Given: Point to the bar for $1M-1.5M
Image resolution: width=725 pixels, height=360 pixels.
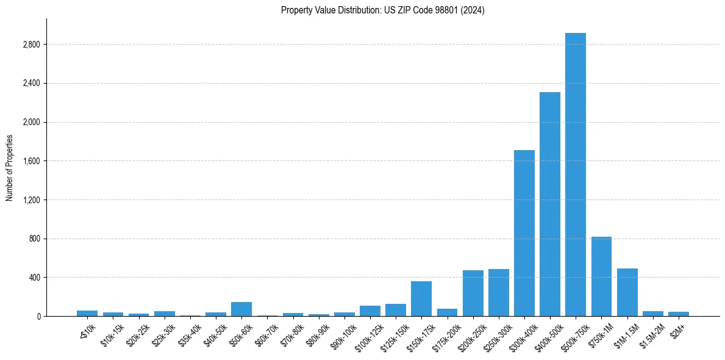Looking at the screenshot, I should tap(627, 292).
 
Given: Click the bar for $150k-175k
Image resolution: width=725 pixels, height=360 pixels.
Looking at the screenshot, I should tap(421, 298).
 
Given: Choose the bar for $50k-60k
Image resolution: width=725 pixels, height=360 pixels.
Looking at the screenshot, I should tap(241, 309).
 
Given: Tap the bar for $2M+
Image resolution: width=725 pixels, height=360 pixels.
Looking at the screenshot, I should tap(678, 314).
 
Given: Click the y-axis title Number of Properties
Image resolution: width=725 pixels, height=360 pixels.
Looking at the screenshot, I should tap(10, 167).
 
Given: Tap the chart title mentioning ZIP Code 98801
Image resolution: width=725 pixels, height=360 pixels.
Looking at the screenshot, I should tap(382, 10).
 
